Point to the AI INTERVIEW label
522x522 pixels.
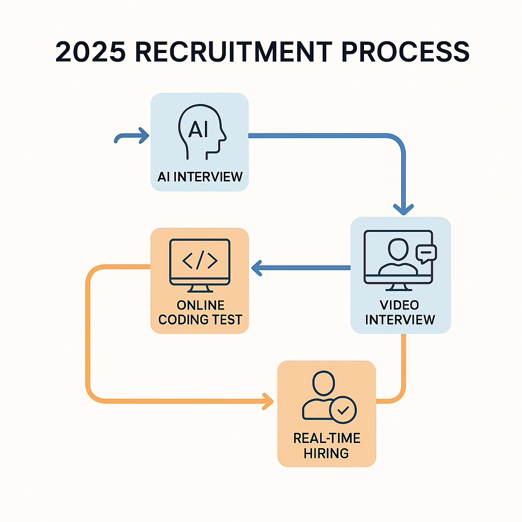click(x=200, y=177)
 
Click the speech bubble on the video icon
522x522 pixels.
click(x=426, y=253)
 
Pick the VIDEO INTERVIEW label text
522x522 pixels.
click(x=400, y=312)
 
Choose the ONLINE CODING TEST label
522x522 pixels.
click(x=200, y=312)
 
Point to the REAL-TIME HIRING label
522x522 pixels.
click(x=326, y=446)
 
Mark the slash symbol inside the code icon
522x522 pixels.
click(x=200, y=260)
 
